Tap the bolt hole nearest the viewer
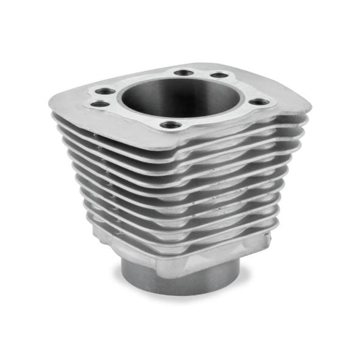(170, 126)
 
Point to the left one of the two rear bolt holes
(183, 73)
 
